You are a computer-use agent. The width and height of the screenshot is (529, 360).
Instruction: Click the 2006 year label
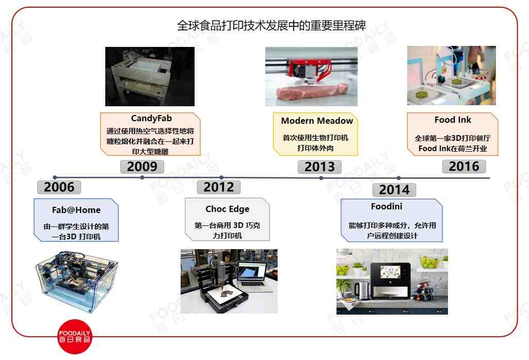[59, 187]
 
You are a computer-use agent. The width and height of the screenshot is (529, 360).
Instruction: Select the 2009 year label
[142, 167]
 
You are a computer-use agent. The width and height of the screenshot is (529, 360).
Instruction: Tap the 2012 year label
[219, 187]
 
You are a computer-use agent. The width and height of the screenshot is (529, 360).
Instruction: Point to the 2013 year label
[319, 167]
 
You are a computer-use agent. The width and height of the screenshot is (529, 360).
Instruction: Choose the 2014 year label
[394, 190]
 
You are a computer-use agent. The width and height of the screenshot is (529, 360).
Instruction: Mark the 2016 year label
[464, 166]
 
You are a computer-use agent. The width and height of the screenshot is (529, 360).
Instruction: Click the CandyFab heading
[151, 119]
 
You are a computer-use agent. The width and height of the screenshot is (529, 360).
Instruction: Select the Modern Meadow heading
[317, 121]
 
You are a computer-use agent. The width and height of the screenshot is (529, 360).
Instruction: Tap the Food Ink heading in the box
[453, 120]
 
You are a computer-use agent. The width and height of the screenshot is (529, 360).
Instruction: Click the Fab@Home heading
[76, 210]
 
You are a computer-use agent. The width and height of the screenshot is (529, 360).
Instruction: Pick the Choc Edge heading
[227, 209]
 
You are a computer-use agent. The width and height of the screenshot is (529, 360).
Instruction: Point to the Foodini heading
[387, 206]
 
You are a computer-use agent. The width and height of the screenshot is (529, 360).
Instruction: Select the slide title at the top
[275, 26]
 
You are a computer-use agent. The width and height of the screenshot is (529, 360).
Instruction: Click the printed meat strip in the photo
[309, 93]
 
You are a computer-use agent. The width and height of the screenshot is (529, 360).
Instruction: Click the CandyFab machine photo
[150, 76]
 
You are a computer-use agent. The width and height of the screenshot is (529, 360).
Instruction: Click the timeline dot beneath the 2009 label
[142, 177]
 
